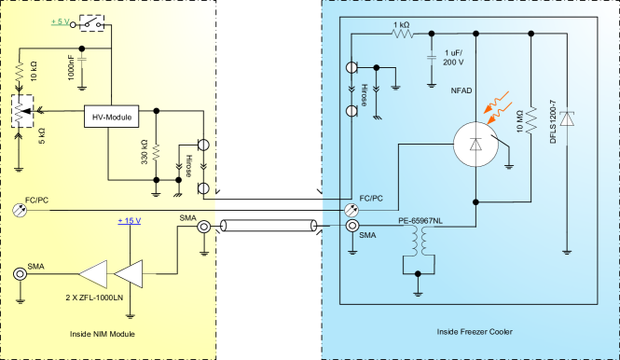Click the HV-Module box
(x=111, y=118)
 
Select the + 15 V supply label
(x=130, y=220)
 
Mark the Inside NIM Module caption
(x=108, y=333)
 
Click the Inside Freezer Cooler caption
(x=469, y=333)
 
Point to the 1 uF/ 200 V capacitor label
(x=454, y=57)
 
